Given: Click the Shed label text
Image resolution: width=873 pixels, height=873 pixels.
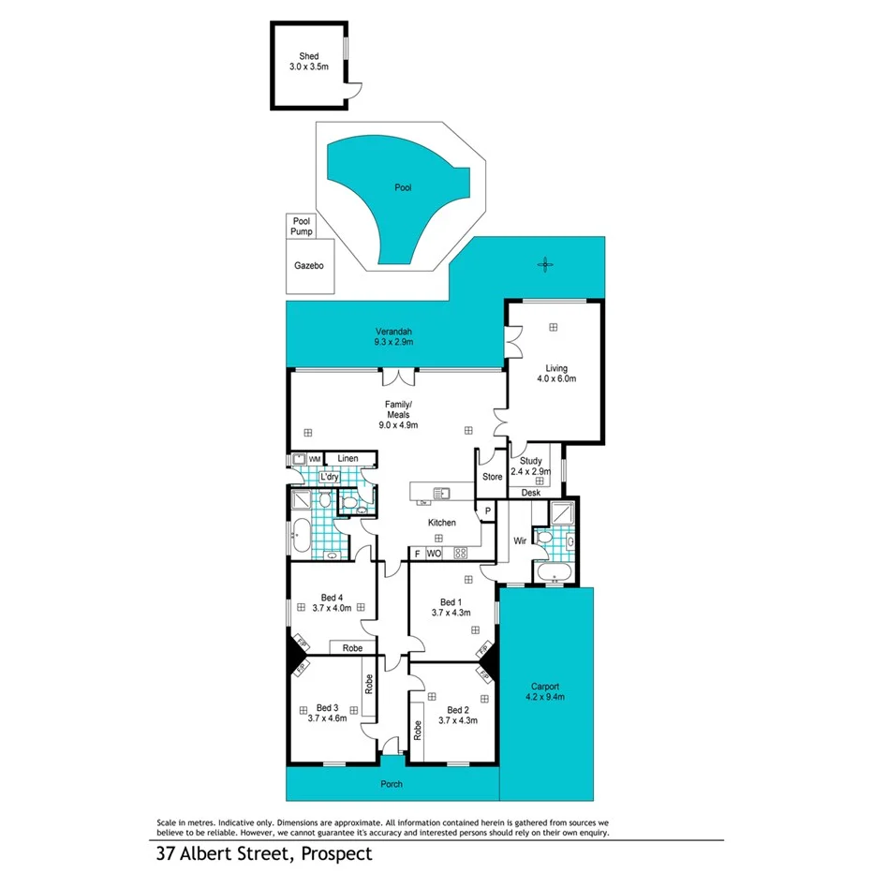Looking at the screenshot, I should [x=308, y=56].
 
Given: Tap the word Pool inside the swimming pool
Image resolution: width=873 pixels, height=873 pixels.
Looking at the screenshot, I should [x=403, y=187].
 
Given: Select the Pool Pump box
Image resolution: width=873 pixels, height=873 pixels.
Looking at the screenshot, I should [x=302, y=225].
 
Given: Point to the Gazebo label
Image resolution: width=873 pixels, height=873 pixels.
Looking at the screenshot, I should [x=308, y=266].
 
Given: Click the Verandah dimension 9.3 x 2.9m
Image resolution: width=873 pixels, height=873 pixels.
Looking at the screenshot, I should [x=394, y=343].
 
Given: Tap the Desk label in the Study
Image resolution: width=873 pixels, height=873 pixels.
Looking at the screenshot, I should [x=531, y=492].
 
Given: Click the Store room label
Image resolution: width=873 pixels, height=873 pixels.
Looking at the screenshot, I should [x=492, y=477].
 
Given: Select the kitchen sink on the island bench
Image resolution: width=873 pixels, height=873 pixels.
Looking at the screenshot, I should [x=440, y=493].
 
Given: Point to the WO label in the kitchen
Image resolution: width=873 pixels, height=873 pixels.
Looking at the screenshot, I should [x=434, y=554].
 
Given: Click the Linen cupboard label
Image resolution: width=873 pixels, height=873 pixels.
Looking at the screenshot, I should [x=348, y=458].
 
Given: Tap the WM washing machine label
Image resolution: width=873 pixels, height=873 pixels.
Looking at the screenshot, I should [x=316, y=458].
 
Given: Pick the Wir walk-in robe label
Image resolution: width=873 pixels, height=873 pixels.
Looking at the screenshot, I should [x=518, y=540].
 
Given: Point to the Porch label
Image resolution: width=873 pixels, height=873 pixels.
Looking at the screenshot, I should [x=392, y=784].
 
